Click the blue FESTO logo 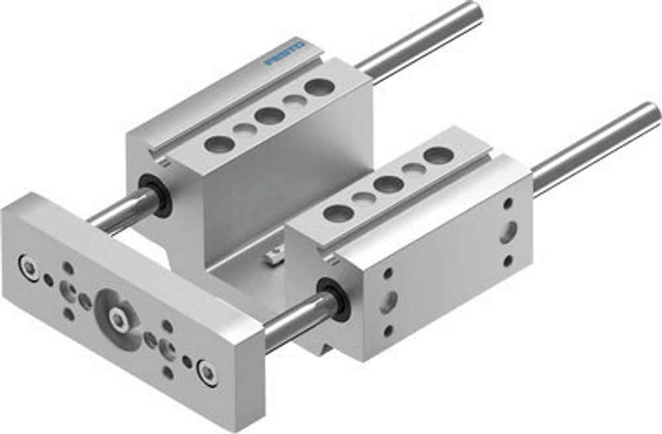click(285, 52)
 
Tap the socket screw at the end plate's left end click(28, 267)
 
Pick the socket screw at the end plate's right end click(208, 372)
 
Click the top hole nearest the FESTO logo click(320, 87)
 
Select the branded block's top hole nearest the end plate click(220, 144)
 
